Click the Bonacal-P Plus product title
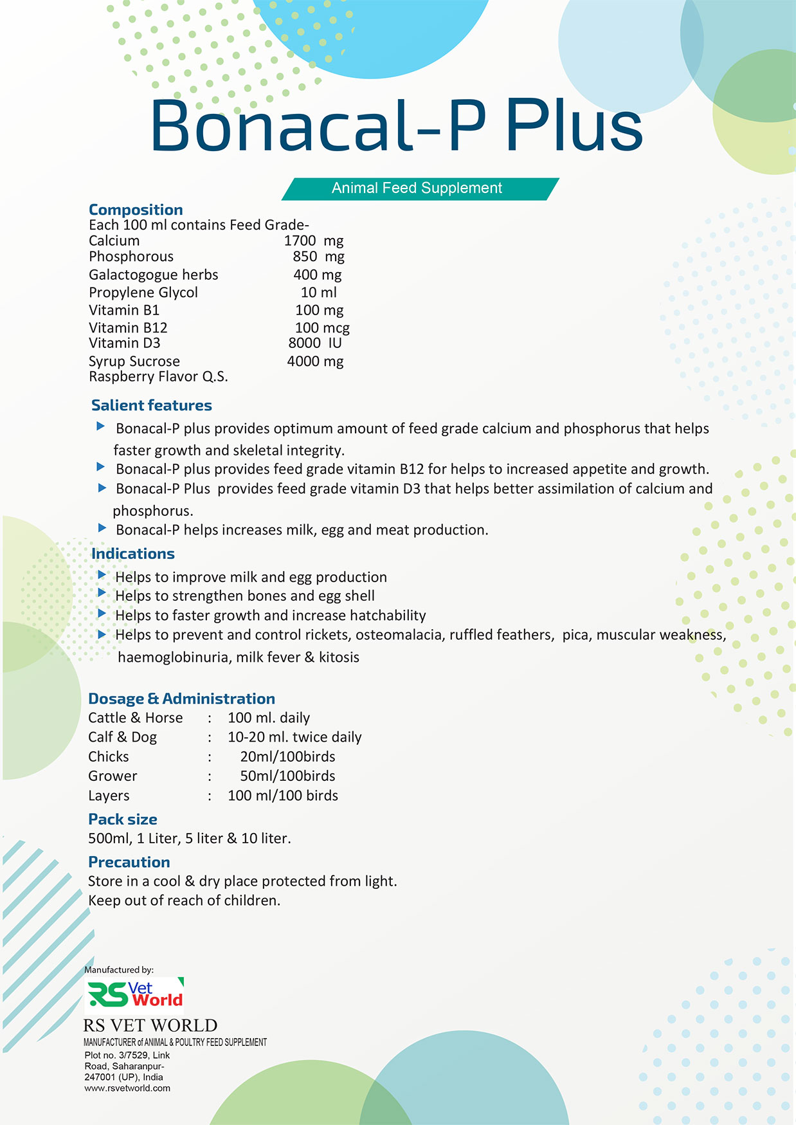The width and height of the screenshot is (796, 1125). coord(396,125)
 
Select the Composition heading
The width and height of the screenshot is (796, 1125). coord(136,210)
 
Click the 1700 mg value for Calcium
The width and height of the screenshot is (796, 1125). coord(314,241)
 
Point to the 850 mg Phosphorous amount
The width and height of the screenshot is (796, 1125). coord(318,257)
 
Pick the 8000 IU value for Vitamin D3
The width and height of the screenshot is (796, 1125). coord(315,343)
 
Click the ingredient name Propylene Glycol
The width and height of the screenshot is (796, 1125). coord(143,293)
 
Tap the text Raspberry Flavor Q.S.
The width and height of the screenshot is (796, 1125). coord(158,377)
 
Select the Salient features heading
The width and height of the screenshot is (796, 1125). coord(151,405)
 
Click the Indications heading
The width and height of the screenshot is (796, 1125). coord(132,554)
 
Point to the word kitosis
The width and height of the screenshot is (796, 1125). coord(339,657)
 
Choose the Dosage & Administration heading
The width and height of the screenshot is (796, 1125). coord(181,699)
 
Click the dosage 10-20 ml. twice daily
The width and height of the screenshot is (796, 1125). coord(294,737)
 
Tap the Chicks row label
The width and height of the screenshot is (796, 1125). coord(109,756)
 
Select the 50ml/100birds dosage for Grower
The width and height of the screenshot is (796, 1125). coord(287,776)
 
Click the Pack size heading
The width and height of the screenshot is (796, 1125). coord(123,819)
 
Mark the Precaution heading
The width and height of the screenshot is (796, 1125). coord(129,862)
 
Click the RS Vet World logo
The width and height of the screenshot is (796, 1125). coord(134,994)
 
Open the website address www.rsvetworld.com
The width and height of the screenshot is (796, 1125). coord(127,1088)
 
